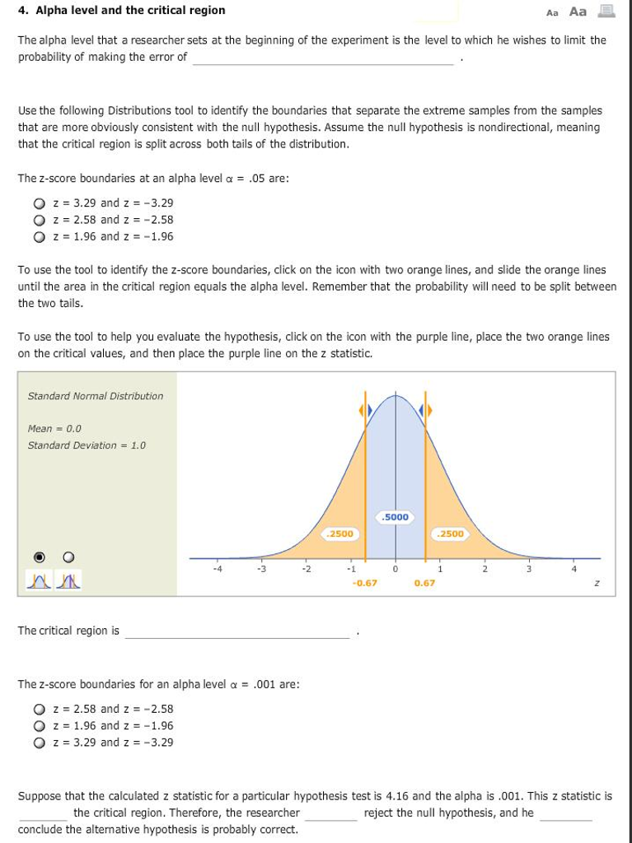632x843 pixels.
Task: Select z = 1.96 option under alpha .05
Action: click(x=38, y=237)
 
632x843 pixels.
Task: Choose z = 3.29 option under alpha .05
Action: click(x=38, y=203)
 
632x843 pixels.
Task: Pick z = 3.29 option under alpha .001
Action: click(x=38, y=743)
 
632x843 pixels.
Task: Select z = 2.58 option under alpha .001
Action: click(x=38, y=709)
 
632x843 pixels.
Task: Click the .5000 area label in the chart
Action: click(x=396, y=517)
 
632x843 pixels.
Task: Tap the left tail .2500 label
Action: click(x=339, y=533)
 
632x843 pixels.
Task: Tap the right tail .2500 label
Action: click(x=451, y=533)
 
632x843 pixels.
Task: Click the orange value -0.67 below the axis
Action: click(x=364, y=583)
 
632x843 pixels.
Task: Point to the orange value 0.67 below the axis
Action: click(x=424, y=583)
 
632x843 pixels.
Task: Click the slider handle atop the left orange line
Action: click(x=364, y=410)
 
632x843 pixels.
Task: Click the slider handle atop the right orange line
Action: click(x=425, y=410)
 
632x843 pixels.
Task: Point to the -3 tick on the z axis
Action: click(x=260, y=568)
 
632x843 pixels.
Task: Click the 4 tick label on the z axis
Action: click(x=573, y=568)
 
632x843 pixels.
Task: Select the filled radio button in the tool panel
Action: click(x=38, y=555)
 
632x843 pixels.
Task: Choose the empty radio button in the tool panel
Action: click(x=69, y=555)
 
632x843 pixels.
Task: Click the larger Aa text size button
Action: click(x=578, y=12)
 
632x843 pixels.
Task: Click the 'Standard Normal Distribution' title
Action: click(x=96, y=396)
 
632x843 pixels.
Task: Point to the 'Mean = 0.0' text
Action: click(x=54, y=429)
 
